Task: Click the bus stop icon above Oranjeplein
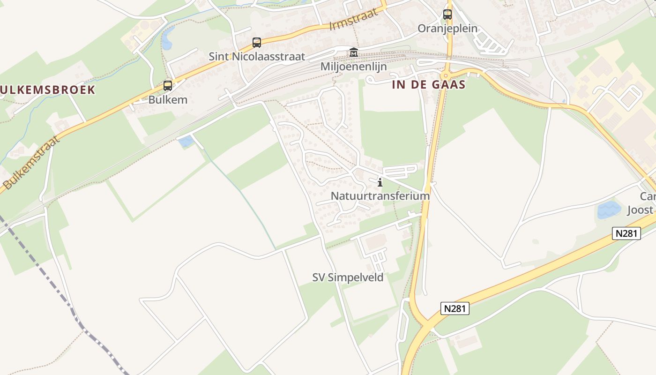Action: pos(447,15)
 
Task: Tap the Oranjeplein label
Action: pos(447,29)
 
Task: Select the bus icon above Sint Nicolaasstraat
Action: pos(256,43)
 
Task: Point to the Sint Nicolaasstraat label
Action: pos(257,57)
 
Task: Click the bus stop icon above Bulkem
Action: pos(167,86)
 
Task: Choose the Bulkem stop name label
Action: pos(168,100)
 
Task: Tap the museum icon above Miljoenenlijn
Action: pos(353,52)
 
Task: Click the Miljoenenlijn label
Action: pos(353,67)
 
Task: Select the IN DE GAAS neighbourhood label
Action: pos(429,85)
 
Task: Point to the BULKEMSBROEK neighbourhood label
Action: pos(47,90)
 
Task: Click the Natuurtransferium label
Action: pos(380,196)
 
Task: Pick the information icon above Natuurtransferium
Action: pos(380,182)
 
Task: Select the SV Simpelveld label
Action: pos(348,277)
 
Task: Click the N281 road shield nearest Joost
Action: pos(626,233)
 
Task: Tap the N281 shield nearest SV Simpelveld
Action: pos(455,308)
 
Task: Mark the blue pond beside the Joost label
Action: pos(609,210)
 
